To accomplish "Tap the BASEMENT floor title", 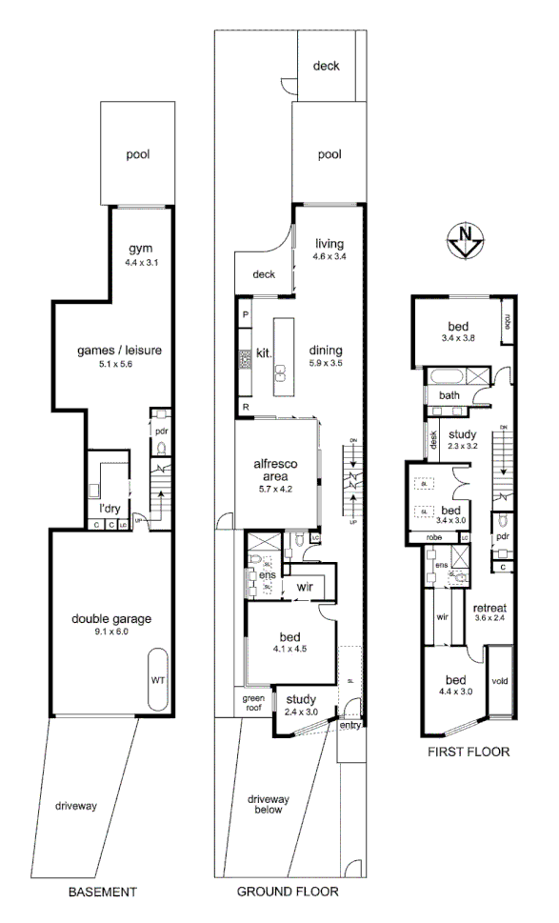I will pos(103,893).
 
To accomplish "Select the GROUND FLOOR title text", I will pos(288,893).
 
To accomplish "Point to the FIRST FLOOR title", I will pos(469,751).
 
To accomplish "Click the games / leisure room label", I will pos(119,351).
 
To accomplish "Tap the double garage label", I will pos(111,619).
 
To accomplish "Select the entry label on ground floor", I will pos(350,726).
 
